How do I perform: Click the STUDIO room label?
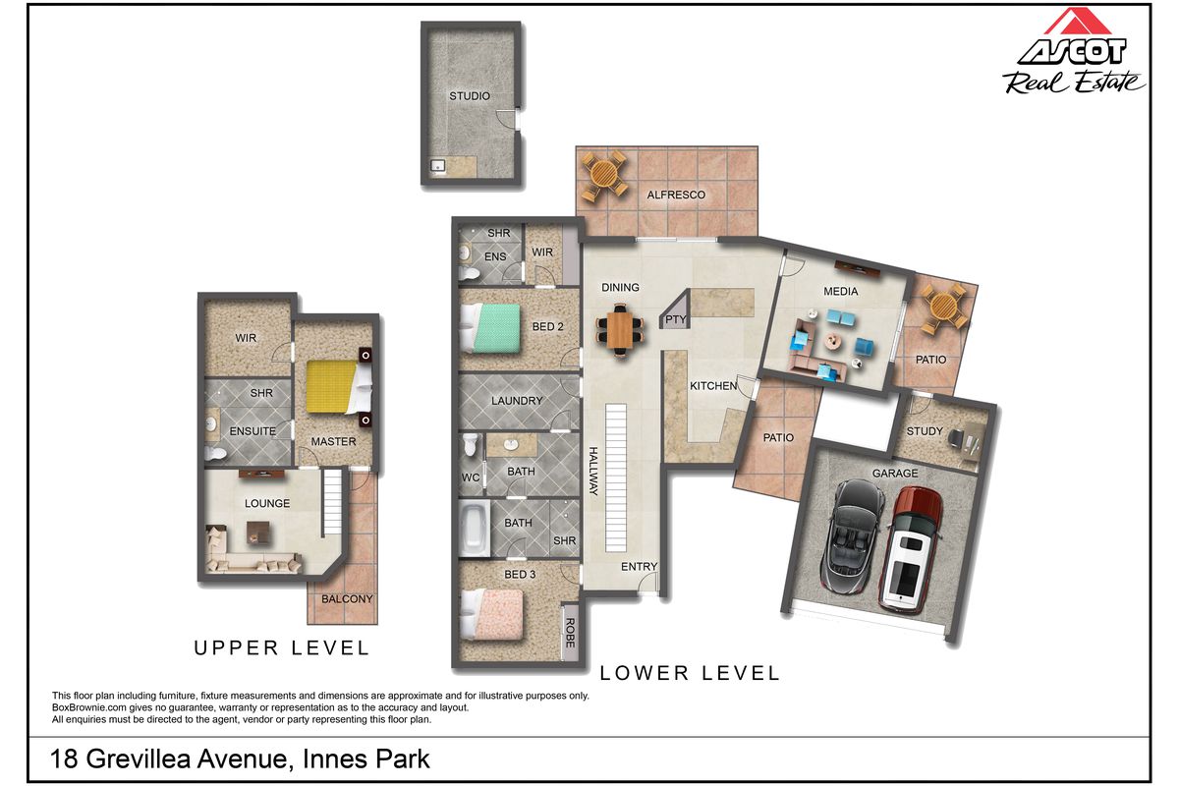click(469, 96)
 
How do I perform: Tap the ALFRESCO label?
click(676, 195)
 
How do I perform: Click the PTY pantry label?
click(675, 320)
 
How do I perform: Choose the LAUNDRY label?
click(517, 401)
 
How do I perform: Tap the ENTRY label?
click(639, 567)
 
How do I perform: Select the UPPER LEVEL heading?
click(281, 647)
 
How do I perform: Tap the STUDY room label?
click(925, 431)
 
